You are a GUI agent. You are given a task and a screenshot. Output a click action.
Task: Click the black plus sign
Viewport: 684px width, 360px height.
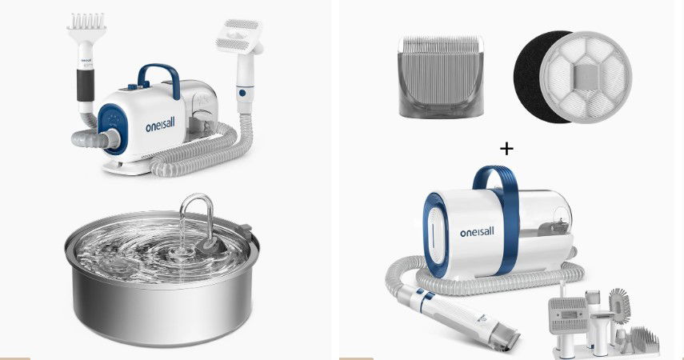(x=506, y=150)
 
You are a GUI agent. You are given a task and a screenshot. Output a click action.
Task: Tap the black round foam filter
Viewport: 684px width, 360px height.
(x=530, y=76)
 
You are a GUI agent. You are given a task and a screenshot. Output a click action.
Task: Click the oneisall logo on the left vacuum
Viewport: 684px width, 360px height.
(x=160, y=126)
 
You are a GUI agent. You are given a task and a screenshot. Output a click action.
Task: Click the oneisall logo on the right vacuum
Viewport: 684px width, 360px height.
(x=477, y=232)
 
